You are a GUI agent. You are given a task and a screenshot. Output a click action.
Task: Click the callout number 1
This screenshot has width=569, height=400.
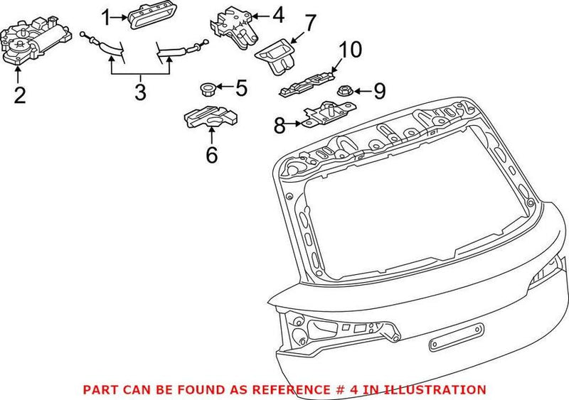point(106,16)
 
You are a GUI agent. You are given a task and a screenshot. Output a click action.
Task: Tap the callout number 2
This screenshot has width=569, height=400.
point(19,94)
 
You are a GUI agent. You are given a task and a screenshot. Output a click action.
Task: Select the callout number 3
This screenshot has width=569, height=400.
point(139,91)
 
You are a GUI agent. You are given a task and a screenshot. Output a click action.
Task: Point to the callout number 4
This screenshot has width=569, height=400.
point(277,14)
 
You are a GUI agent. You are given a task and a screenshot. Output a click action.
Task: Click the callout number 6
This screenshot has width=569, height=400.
point(211,155)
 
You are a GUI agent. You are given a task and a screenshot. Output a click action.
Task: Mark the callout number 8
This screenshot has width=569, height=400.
point(280,126)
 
